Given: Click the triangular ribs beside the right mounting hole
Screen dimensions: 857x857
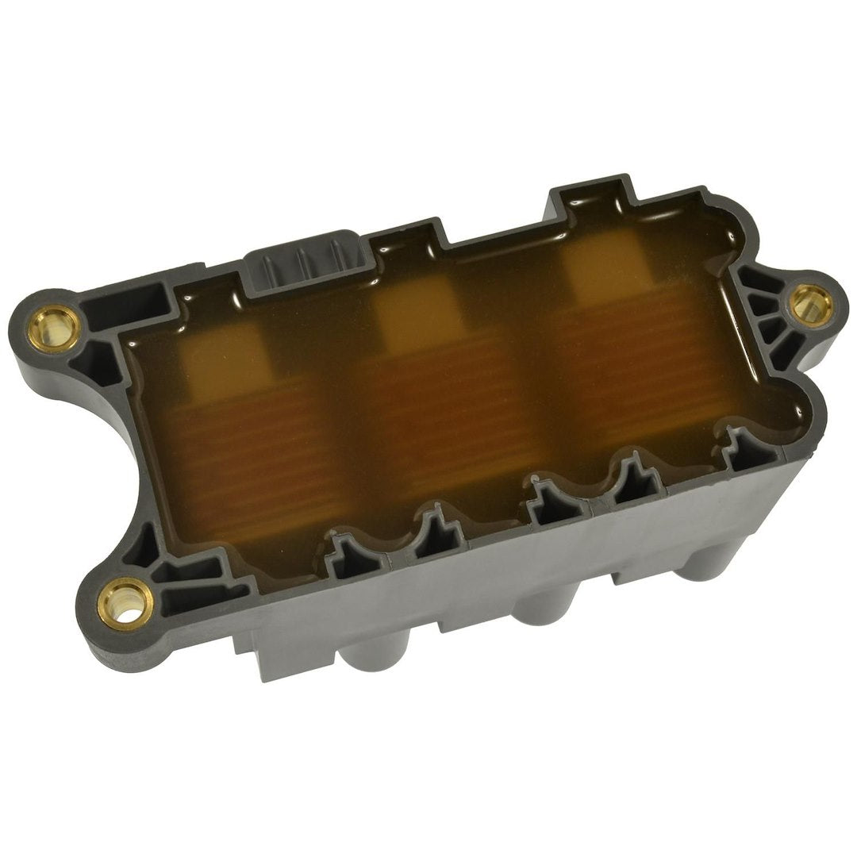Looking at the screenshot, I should pyautogui.click(x=766, y=317).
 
